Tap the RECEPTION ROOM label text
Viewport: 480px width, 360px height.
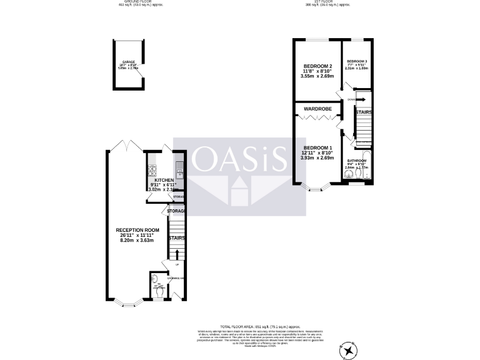(x=137, y=230)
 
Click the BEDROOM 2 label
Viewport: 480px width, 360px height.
(x=317, y=66)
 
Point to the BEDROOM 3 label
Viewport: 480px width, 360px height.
(x=357, y=61)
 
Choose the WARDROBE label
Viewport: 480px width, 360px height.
(x=317, y=109)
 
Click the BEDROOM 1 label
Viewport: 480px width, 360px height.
(x=317, y=146)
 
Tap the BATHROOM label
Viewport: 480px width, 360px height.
(x=356, y=161)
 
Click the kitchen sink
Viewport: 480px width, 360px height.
(x=179, y=167)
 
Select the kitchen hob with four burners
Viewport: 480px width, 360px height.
(x=152, y=169)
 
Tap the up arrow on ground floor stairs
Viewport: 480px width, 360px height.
(x=176, y=254)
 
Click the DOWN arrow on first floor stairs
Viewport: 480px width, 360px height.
(x=360, y=99)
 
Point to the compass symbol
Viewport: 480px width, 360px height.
(x=346, y=351)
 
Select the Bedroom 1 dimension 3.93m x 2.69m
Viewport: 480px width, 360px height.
(x=317, y=159)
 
